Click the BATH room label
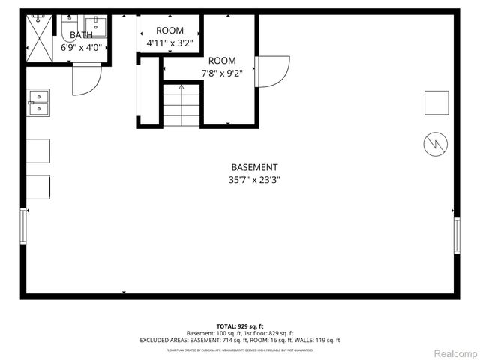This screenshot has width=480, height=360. [x=80, y=35]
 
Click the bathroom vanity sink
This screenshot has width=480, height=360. [x=96, y=27]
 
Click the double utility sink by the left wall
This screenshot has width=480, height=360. [x=38, y=103]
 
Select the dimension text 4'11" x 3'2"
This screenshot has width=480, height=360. [x=169, y=43]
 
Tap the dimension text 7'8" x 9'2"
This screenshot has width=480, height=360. [x=222, y=73]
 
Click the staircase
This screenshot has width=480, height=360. [x=182, y=105]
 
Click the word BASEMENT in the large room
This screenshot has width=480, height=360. [x=254, y=167]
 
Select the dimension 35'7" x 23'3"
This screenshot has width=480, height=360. [x=254, y=180]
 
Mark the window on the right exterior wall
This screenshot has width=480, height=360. [x=456, y=236]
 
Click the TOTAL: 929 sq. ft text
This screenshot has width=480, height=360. [x=239, y=326]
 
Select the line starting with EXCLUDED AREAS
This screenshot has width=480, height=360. [x=239, y=340]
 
